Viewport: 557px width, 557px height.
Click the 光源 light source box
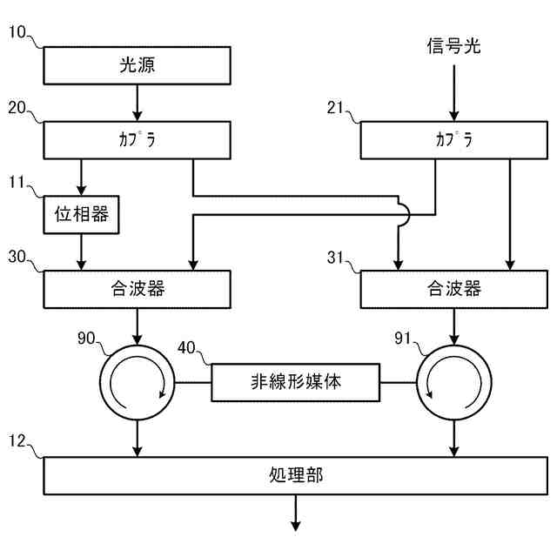coord(138,66)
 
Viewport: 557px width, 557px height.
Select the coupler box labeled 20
coord(138,140)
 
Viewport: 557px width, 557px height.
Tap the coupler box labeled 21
coord(454,140)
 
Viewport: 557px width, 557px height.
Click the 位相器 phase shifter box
coord(81,215)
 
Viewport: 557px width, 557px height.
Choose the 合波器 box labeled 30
coord(138,289)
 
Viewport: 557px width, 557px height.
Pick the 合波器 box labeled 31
coord(454,289)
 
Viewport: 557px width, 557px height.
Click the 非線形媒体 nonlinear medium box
coord(296,383)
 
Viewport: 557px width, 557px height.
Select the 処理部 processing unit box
coord(296,476)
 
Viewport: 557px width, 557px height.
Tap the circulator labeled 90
coord(138,383)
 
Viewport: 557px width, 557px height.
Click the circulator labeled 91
coord(454,383)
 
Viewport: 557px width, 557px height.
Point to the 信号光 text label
coord(453,46)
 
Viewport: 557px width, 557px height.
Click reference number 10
coord(17,32)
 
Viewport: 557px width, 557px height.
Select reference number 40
coord(186,348)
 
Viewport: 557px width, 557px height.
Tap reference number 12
coord(17,441)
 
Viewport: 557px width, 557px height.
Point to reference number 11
coord(17,182)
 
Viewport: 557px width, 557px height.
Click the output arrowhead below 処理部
coord(296,526)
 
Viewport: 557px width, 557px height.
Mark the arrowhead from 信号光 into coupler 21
coord(454,116)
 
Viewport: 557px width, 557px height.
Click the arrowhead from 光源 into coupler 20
coord(138,116)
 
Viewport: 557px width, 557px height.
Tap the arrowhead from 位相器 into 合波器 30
coord(81,265)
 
